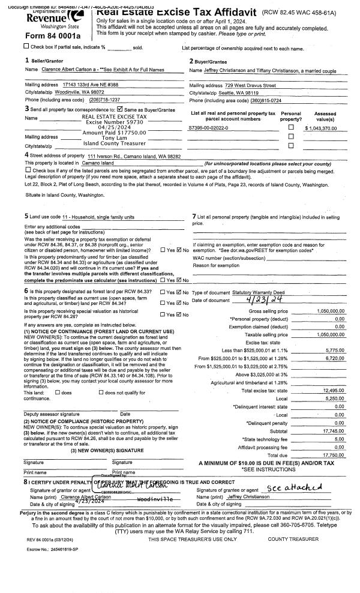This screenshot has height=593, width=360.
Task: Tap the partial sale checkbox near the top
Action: pos(26,46)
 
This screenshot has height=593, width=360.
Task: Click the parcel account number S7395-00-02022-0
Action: pos(208,128)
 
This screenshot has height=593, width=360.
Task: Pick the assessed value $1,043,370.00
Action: pos(325,128)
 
